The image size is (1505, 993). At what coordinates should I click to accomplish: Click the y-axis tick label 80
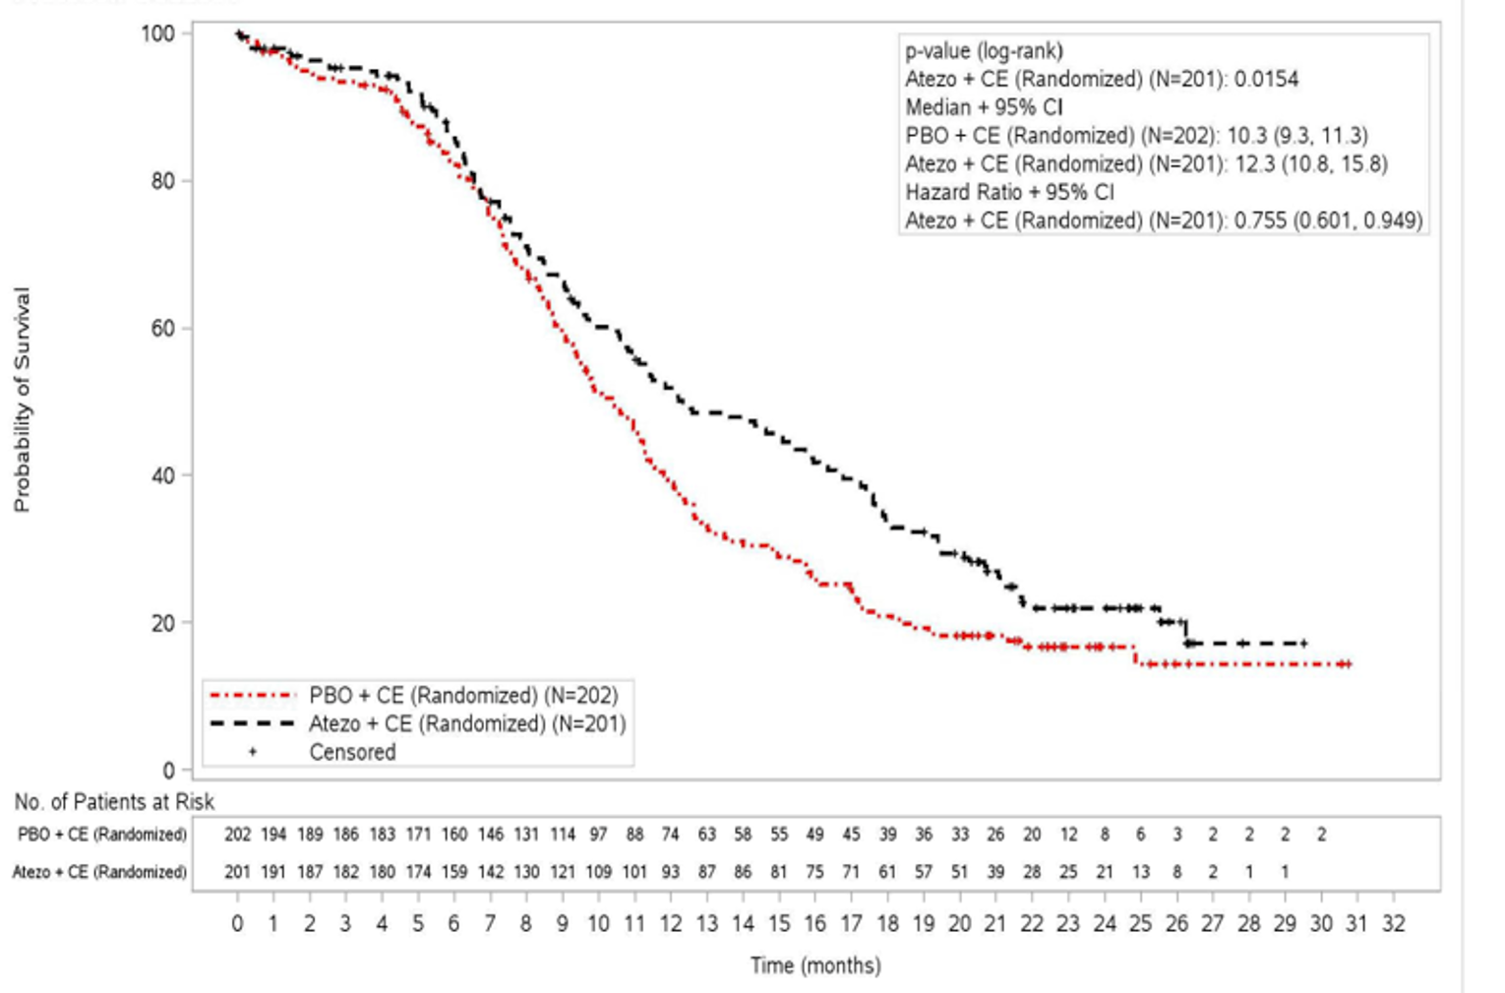162,181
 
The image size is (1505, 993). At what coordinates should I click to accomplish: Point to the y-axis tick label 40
162,475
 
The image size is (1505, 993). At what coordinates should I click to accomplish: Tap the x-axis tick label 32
1393,924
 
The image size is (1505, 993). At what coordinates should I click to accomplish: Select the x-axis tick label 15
779,924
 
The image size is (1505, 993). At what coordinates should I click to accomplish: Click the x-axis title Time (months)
815,965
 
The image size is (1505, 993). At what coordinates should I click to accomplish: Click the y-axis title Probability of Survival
22,400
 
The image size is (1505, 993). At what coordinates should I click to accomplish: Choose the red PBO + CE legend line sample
252,696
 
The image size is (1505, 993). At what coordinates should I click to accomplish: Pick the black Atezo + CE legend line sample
252,724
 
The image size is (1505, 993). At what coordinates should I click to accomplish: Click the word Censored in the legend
352,753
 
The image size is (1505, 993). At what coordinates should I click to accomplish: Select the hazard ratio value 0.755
1260,221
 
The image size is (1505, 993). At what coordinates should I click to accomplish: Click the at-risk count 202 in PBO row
237,835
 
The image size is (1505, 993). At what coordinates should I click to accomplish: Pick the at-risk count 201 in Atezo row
237,872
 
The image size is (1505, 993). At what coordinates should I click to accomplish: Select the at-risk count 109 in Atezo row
598,872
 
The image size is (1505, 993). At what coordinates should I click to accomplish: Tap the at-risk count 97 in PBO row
598,835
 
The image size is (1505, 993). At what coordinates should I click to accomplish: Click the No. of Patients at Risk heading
114,802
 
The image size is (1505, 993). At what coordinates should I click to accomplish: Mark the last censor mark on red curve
1349,664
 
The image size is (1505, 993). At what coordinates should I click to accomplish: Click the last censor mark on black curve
1304,644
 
